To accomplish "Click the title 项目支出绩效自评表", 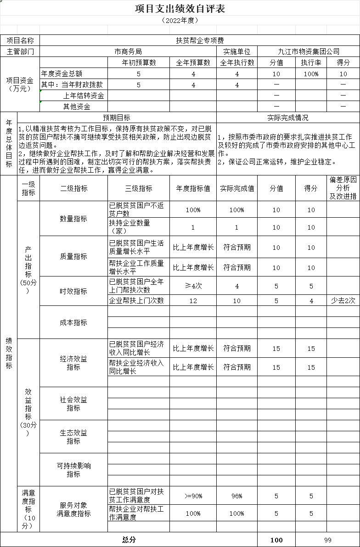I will [180, 9].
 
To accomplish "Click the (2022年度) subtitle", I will [180, 21].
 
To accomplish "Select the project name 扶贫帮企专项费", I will [200, 40].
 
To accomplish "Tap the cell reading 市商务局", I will [128, 51].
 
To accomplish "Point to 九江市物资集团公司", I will [309, 51].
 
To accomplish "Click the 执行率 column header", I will [311, 62].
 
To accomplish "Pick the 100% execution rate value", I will [311, 74].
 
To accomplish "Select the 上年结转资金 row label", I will [84, 96].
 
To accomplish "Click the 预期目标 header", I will [116, 118].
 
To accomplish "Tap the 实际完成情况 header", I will [288, 118].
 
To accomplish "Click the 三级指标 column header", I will [139, 188].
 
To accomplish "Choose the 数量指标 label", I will [73, 219].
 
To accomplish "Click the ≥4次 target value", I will [193, 286].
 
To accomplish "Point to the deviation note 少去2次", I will [343, 300].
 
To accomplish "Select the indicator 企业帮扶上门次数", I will [136, 300].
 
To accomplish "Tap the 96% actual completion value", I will [236, 496].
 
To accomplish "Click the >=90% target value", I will [193, 496].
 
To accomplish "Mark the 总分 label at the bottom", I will [129, 540].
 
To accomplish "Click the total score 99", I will [327, 540].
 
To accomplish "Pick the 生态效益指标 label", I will [73, 437].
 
